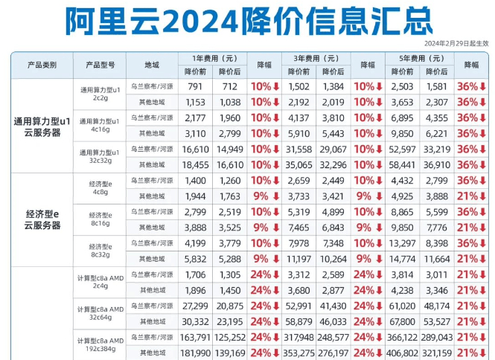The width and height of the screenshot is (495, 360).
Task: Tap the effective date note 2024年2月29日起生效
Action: [x=456, y=44]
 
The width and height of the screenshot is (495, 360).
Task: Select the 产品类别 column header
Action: [x=42, y=65]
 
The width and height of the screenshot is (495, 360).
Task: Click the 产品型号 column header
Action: [x=100, y=65]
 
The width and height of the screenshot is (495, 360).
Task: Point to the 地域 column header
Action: [x=152, y=65]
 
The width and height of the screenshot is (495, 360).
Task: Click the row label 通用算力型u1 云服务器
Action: [x=42, y=126]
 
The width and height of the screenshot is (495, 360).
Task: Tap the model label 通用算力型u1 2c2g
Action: [x=100, y=94]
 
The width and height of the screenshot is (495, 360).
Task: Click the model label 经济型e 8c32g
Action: [x=100, y=251]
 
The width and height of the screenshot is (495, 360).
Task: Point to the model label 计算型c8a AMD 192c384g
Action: [x=100, y=344]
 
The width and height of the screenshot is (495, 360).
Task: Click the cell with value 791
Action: [x=196, y=86]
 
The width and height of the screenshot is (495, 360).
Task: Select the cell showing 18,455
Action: [x=194, y=164]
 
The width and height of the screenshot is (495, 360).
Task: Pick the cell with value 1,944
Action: [x=194, y=196]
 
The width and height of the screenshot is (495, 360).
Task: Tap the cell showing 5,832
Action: [x=194, y=259]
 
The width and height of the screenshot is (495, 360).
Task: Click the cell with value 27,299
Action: [x=194, y=306]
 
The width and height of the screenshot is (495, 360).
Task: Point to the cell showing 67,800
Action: [x=401, y=321]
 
